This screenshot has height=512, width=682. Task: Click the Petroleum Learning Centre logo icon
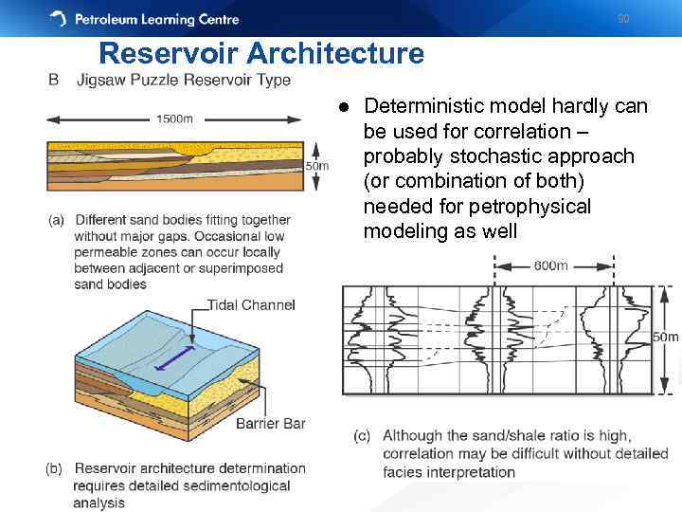pyautogui.click(x=58, y=18)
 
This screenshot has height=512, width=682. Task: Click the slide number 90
pyautogui.click(x=622, y=18)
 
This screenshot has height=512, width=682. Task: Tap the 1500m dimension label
pyautogui.click(x=174, y=119)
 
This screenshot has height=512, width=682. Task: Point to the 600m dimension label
pyautogui.click(x=550, y=265)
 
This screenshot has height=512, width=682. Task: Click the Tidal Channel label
pyautogui.click(x=251, y=305)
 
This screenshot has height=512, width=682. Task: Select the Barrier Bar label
pyautogui.click(x=271, y=423)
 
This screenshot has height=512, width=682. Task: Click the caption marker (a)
pyautogui.click(x=56, y=220)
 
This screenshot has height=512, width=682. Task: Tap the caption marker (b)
pyautogui.click(x=56, y=468)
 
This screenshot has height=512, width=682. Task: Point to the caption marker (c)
pyautogui.click(x=362, y=436)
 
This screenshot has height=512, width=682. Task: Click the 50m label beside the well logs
pyautogui.click(x=667, y=337)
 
